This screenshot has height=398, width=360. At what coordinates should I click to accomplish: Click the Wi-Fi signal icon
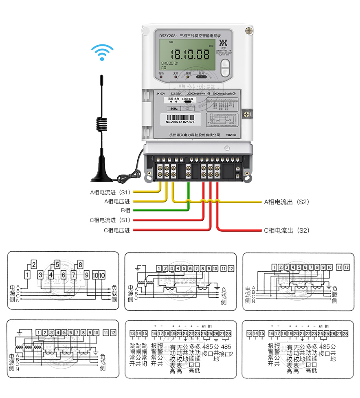click(x=102, y=53)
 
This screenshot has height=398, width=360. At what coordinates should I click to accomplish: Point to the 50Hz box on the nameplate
click(x=174, y=109)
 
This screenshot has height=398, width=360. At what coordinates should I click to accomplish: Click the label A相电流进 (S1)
click(x=110, y=192)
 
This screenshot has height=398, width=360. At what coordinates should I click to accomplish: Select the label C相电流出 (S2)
click(x=287, y=231)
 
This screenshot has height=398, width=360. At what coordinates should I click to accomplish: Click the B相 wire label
click(x=125, y=211)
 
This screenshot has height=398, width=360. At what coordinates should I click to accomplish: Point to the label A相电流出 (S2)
click(x=287, y=202)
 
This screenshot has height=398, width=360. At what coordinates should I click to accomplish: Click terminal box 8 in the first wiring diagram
click(x=80, y=264)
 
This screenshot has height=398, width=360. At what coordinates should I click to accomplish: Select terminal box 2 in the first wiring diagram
click(x=34, y=264)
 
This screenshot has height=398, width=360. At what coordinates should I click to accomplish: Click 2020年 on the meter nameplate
click(x=230, y=134)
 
